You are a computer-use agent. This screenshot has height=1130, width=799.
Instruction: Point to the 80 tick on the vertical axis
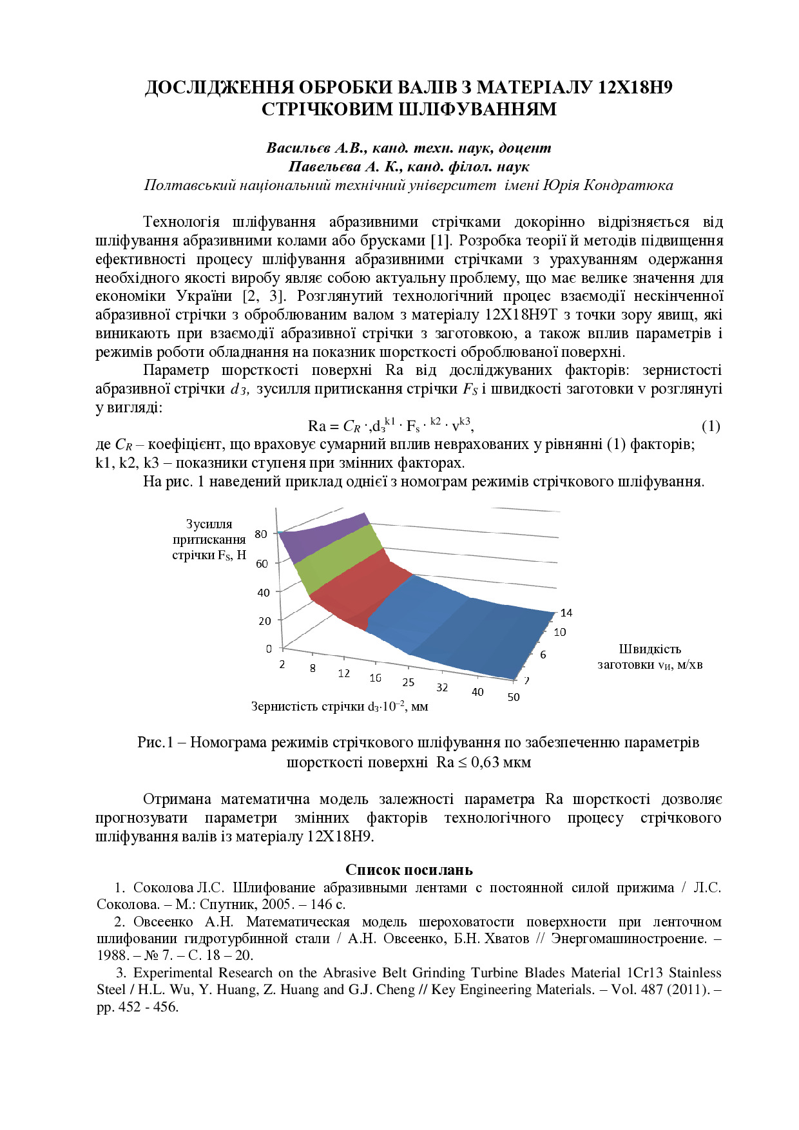click(x=261, y=534)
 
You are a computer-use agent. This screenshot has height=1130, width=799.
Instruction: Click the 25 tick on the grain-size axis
click(x=409, y=682)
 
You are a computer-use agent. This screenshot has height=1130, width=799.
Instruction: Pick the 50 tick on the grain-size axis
click(x=514, y=697)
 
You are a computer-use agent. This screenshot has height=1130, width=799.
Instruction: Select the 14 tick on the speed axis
click(x=566, y=613)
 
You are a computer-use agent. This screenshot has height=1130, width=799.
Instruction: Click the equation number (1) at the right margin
click(x=711, y=426)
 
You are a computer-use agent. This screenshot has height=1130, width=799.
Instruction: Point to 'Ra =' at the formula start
click(x=323, y=426)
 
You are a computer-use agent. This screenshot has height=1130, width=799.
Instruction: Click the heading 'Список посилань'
click(x=409, y=870)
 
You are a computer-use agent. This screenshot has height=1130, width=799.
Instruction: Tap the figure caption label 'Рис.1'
click(x=155, y=742)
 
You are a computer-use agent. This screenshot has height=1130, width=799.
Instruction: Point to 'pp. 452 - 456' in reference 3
click(x=137, y=1007)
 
